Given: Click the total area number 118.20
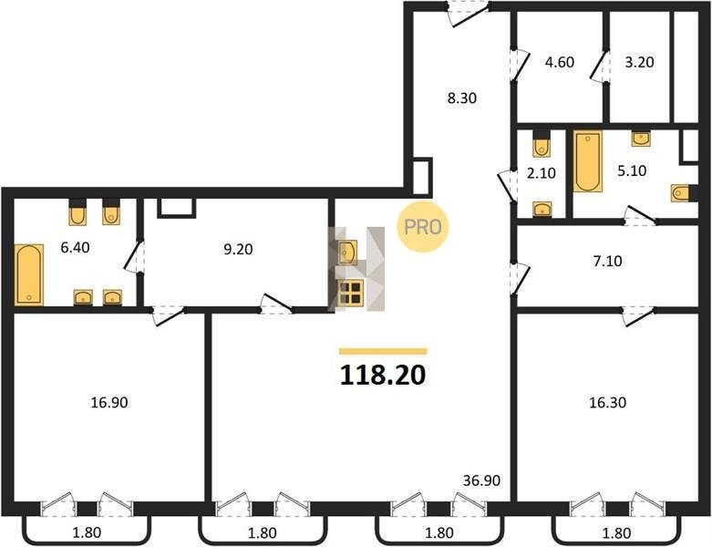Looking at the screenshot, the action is tap(383, 375).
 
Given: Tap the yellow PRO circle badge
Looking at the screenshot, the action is tap(422, 226).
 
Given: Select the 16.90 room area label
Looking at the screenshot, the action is tap(109, 402).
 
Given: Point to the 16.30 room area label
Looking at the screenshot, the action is tap(607, 402).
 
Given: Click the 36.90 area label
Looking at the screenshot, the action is tap(481, 480).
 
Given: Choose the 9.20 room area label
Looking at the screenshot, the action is tap(238, 249).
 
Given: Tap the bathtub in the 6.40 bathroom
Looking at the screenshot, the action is tap(29, 274).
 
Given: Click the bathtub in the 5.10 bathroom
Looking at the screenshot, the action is tap(588, 161).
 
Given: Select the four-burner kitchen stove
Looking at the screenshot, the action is tap(351, 293).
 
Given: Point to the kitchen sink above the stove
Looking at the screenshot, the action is tap(347, 253).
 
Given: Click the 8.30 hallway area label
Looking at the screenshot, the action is tap(462, 98).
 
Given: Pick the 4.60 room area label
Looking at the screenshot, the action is tap(560, 62).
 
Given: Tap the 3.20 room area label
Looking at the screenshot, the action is tap(639, 62).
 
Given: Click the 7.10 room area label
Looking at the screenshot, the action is tap(607, 261).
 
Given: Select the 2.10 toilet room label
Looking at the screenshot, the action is tap(542, 173).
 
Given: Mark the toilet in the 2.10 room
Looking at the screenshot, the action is tap(542, 145).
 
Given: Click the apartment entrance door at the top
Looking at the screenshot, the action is tap(468, 14).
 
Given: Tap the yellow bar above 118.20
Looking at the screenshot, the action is tap(383, 351).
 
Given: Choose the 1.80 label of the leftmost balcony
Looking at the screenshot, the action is tap(87, 532).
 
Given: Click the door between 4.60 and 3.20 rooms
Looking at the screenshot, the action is tap(600, 67).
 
